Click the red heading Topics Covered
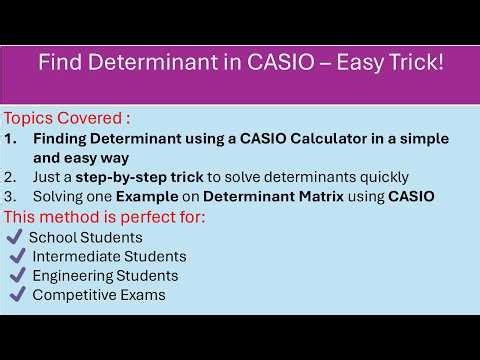pyautogui.click(x=66, y=116)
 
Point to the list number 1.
pyautogui.click(x=11, y=137)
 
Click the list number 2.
pyautogui.click(x=11, y=176)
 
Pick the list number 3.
pyautogui.click(x=11, y=196)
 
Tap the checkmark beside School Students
pyautogui.click(x=14, y=237)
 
